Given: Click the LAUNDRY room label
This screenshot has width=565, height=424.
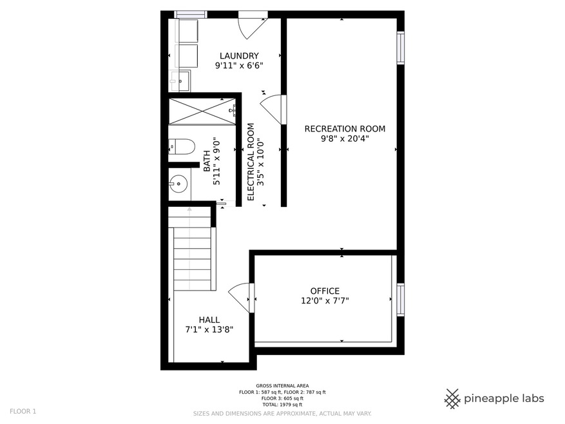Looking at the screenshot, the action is point(239,56).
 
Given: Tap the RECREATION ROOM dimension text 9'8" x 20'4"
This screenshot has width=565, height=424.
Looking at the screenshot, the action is point(345,139).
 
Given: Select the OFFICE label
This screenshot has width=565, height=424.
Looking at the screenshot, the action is point(325,291).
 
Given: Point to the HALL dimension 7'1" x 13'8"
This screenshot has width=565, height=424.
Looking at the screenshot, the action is point(209,329).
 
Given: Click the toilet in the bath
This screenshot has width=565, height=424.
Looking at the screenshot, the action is point(182,147).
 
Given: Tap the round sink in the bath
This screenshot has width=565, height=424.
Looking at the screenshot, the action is point(178,184).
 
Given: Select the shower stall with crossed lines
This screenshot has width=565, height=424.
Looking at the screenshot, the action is point(202,111).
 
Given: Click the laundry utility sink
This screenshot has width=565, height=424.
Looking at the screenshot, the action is point(180,81).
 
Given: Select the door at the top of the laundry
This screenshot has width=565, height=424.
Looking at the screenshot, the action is point(253,25).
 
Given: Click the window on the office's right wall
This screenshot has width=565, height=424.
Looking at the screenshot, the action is point(400,300).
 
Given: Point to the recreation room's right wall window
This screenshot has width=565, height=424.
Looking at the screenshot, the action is point(400,48).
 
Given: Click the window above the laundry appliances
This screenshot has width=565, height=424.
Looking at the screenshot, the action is point(191,14).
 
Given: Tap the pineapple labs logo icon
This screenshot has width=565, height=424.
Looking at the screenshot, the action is point(452,399).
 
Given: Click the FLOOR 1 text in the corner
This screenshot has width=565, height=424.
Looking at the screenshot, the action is point(23,411).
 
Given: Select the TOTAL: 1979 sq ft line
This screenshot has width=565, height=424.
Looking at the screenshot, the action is point(282,405).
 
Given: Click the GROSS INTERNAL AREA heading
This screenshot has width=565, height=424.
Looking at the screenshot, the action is point(282,386).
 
